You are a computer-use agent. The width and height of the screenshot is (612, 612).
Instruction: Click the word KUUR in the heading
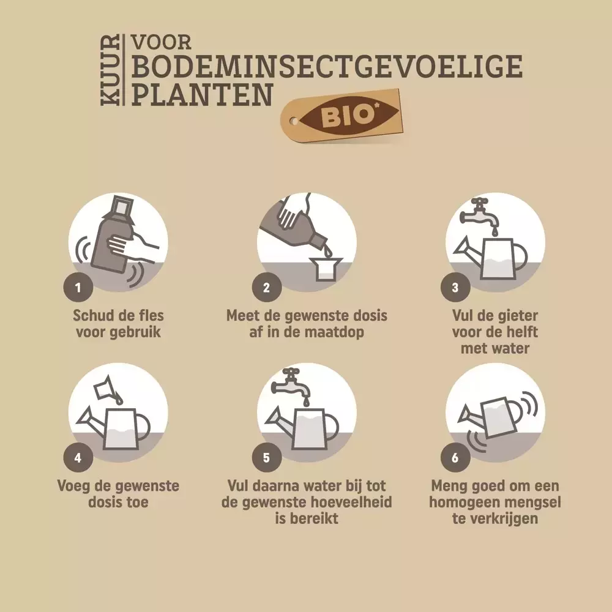click(x=110, y=70)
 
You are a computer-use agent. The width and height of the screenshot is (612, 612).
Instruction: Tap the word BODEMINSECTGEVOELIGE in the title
click(x=327, y=66)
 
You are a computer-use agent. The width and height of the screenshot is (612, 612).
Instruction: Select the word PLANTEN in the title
click(x=201, y=95)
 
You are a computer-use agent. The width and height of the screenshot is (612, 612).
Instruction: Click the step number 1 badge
click(x=78, y=288)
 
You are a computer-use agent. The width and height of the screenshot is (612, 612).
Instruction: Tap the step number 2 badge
click(x=267, y=288)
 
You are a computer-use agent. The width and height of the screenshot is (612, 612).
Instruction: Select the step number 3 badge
click(x=455, y=288)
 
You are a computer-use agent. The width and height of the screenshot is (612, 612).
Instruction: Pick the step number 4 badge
click(x=78, y=457)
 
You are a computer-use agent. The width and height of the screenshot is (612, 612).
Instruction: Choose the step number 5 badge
click(x=267, y=457)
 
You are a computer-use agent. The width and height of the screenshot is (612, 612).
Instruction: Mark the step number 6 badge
click(x=455, y=457)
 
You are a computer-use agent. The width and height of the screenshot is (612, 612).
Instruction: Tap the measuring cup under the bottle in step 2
click(x=326, y=269)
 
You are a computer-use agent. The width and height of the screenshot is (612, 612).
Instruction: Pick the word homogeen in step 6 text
click(x=461, y=502)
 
